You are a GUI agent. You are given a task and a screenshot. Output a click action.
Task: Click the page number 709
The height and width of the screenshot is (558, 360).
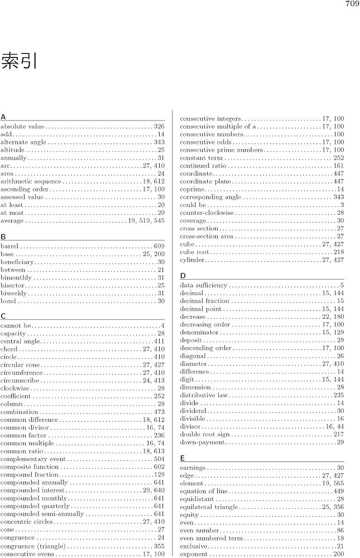click(352, 4)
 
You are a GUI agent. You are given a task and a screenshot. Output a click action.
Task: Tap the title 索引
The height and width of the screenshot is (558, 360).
click(20, 61)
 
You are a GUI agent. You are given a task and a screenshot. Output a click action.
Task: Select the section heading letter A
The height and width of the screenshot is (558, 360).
click(3, 117)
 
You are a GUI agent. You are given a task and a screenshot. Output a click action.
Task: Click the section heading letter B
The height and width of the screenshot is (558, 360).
click(3, 237)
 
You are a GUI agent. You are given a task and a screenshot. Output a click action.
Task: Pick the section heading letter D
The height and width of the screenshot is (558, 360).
click(183, 276)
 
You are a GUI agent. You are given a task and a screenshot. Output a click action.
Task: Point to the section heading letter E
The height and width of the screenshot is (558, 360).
click(183, 458)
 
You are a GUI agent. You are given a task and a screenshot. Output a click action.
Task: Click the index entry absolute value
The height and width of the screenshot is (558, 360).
click(22, 127)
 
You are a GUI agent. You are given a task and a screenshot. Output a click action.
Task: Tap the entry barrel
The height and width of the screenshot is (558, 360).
click(10, 246)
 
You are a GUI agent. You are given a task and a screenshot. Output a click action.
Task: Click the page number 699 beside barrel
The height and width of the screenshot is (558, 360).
click(159, 246)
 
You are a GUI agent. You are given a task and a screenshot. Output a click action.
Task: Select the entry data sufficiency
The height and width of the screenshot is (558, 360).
click(204, 285)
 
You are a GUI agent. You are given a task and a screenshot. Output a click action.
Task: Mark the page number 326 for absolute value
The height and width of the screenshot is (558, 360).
click(159, 127)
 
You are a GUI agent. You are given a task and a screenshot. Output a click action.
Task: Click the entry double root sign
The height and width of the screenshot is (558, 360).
click(204, 434)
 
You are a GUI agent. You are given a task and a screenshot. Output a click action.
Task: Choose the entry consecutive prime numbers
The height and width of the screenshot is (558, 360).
click(221, 150)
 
